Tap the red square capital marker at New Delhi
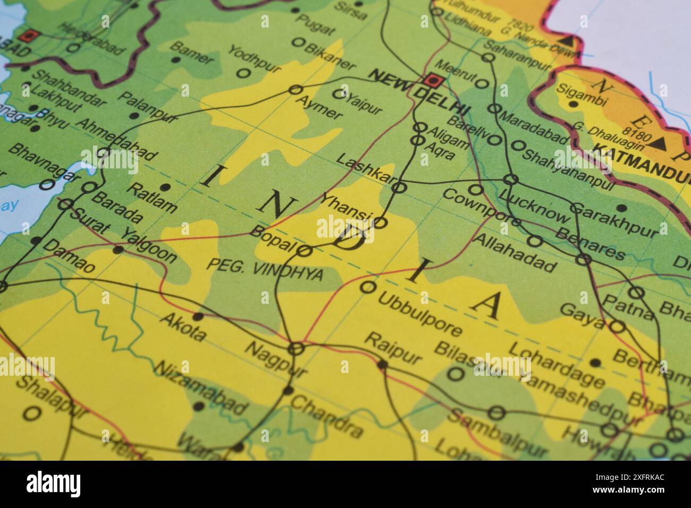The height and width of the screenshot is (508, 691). tap(433, 80)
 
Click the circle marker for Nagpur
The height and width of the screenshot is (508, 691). tap(296, 349)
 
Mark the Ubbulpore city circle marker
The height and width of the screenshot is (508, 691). tap(367, 287)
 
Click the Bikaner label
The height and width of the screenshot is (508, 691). tap(330, 55)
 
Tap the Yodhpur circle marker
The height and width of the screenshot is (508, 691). tap(243, 73)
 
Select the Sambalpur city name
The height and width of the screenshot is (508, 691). tap(498, 434)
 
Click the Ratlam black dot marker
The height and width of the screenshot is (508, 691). tap(165, 187)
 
